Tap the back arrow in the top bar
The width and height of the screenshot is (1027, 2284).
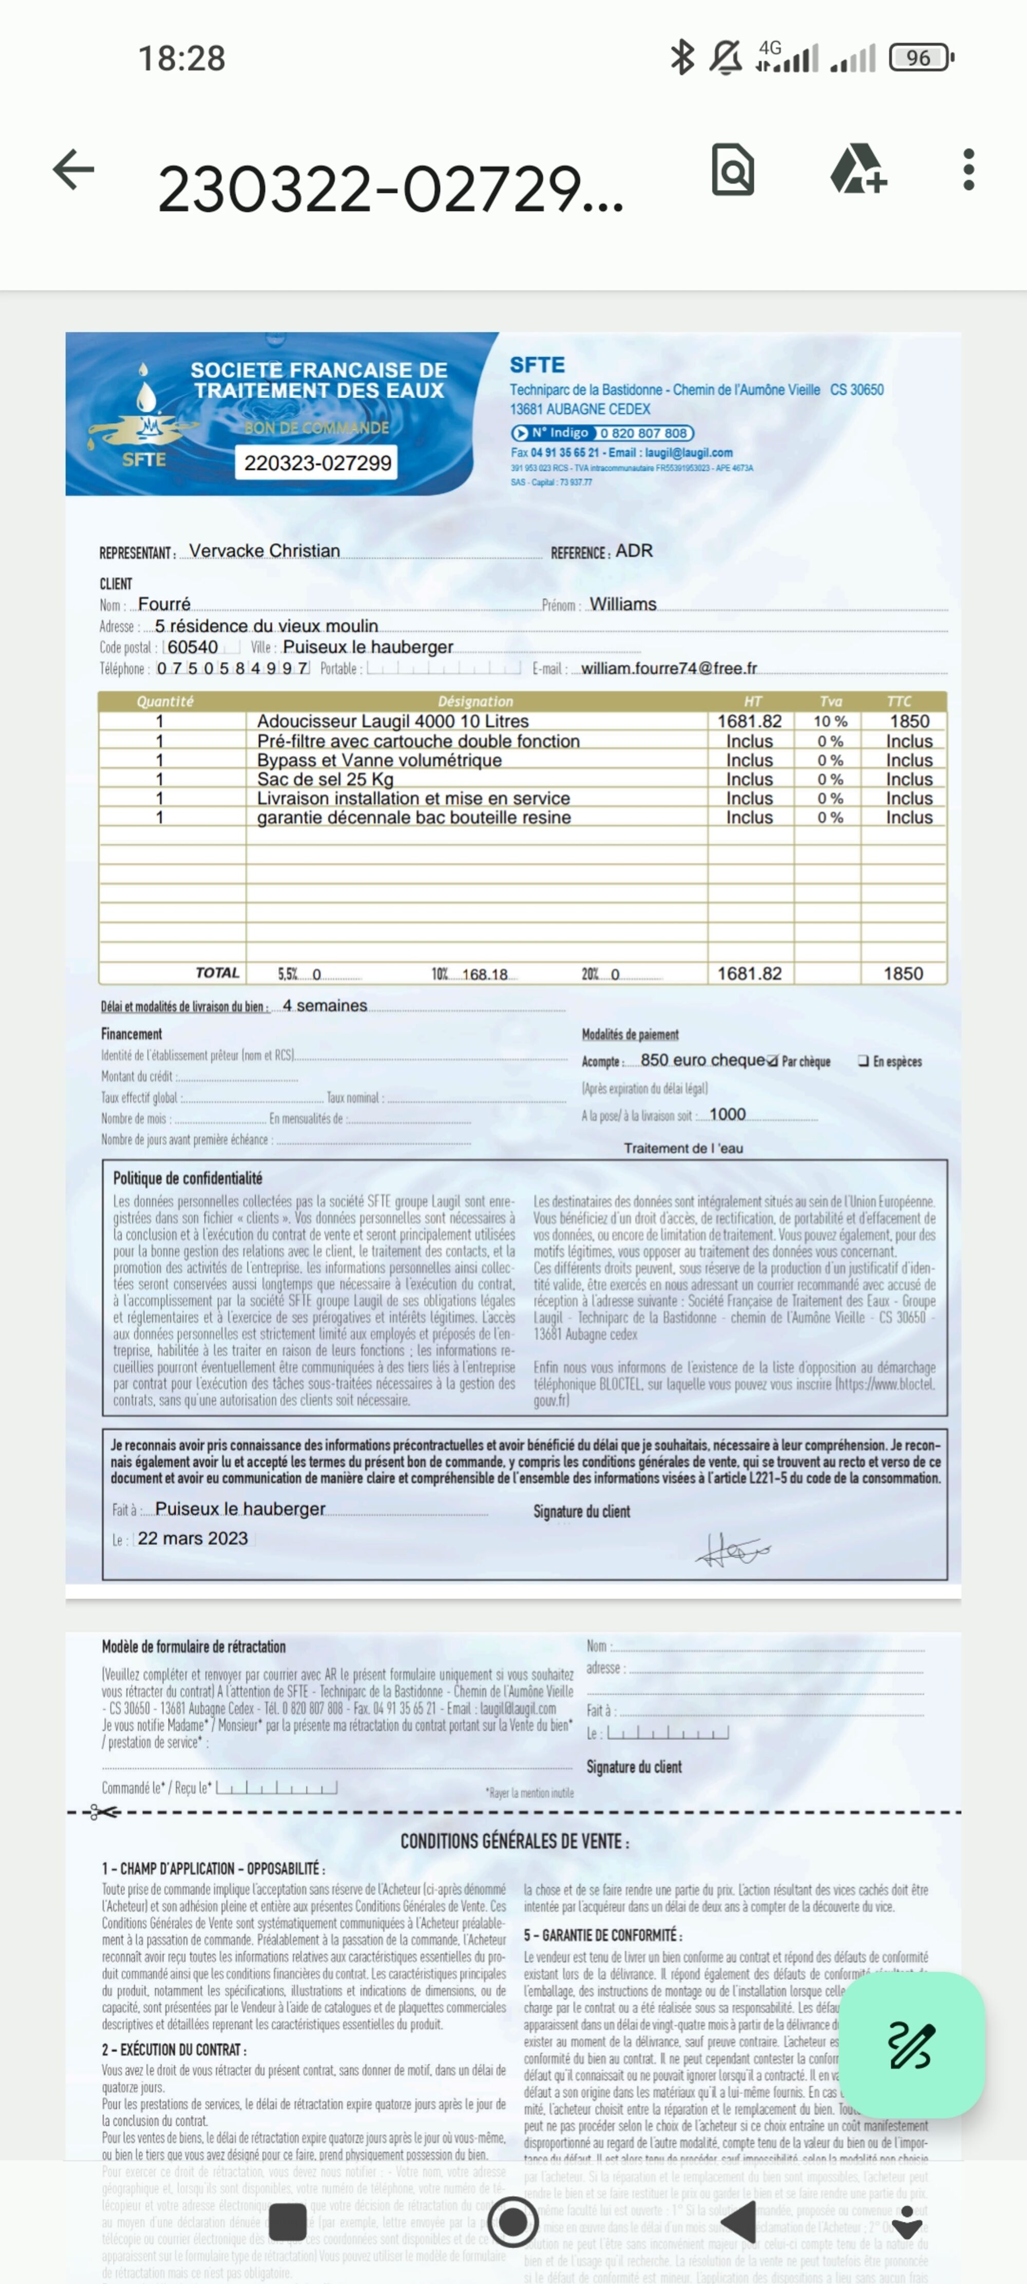(73, 170)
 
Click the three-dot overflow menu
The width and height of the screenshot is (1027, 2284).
(968, 170)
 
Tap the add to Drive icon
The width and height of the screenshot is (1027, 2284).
(857, 170)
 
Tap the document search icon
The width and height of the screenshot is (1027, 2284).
(733, 170)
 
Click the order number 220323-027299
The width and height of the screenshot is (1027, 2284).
(317, 463)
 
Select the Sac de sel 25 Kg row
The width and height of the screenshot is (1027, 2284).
(325, 779)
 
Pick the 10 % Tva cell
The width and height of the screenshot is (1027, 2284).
(830, 722)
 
